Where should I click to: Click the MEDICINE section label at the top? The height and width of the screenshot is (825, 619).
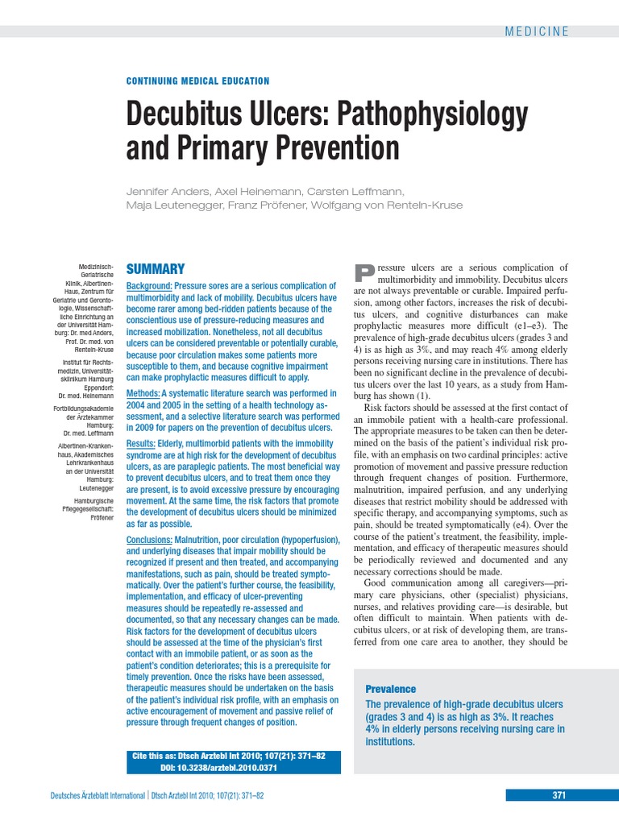click(x=537, y=31)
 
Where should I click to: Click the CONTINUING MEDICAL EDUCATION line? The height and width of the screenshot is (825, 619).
click(x=198, y=81)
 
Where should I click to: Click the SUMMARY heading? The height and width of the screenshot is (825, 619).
click(x=156, y=269)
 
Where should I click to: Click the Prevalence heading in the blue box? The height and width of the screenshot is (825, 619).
click(x=391, y=689)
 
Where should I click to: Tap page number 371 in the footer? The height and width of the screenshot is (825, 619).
click(x=559, y=795)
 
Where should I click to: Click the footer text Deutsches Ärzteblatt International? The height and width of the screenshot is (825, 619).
click(x=98, y=796)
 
